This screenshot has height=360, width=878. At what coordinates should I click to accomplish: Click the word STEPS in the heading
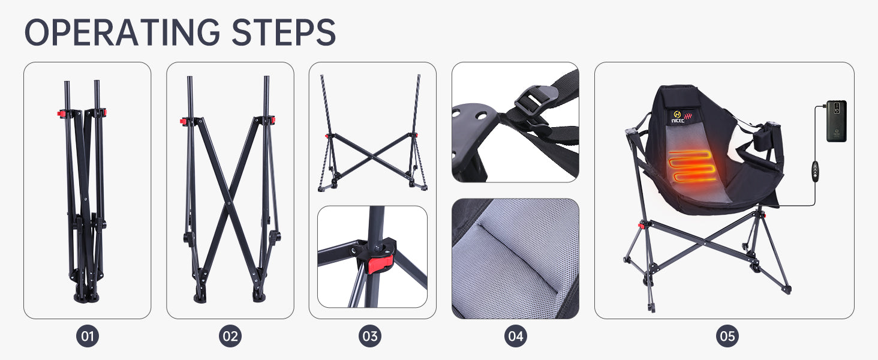click(x=284, y=32)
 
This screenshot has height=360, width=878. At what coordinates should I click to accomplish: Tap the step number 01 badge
click(x=88, y=336)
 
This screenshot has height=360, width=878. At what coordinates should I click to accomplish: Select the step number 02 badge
click(x=230, y=336)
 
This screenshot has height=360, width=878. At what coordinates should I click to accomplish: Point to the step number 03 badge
click(x=369, y=336)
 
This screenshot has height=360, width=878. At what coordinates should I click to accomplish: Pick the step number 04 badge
click(x=515, y=336)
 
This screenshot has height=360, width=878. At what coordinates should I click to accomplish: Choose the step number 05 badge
click(x=727, y=336)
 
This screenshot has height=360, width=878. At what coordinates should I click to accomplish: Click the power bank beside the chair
click(x=837, y=121)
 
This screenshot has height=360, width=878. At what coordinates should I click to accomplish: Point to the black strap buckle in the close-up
click(x=533, y=101)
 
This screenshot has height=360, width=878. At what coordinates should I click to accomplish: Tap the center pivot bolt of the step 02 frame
click(x=229, y=203)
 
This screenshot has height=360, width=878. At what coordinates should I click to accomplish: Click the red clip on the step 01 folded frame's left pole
click(x=61, y=114)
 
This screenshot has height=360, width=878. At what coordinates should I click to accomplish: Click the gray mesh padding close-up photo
click(x=515, y=259)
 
